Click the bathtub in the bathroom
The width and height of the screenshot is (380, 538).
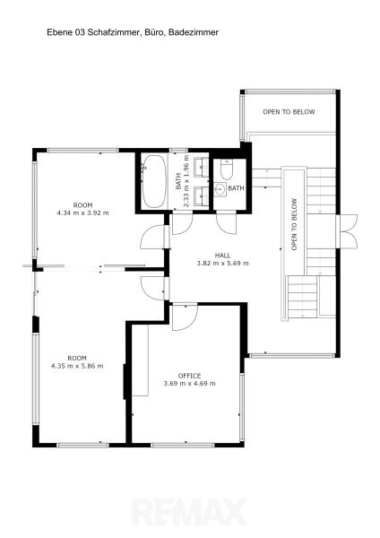click(x=153, y=181)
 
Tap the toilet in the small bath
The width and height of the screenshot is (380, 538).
click(x=227, y=169)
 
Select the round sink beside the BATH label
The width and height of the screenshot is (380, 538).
click(x=220, y=189)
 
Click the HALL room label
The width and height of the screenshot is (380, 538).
click(x=222, y=256)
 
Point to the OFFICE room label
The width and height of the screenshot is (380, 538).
click(x=189, y=376)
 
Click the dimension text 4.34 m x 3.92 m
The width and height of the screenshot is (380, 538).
click(x=82, y=213)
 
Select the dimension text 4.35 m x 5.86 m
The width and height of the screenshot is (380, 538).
click(x=77, y=366)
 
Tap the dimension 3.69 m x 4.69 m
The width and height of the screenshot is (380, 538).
click(x=190, y=383)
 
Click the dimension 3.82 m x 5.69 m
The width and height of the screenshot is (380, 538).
click(x=222, y=263)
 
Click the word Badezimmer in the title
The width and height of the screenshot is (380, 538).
click(x=194, y=32)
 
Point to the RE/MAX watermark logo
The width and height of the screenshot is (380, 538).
click(x=190, y=512)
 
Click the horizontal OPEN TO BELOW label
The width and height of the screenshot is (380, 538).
click(x=289, y=112)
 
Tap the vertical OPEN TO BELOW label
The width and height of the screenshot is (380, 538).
click(x=294, y=224)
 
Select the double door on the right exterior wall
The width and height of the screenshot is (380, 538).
click(x=347, y=231)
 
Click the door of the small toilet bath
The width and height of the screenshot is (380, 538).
click(x=227, y=223)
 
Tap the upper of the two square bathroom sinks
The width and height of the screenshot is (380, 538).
click(x=201, y=167)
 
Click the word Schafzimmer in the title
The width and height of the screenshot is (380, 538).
click(x=114, y=32)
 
